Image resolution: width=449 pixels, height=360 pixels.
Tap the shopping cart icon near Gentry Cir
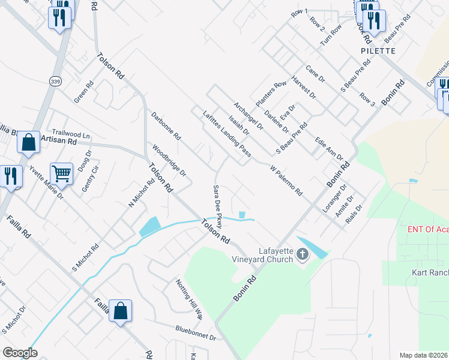(x=62, y=174)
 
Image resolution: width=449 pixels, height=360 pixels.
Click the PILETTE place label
(x=378, y=51)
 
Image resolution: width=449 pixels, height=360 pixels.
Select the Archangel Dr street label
(x=249, y=116)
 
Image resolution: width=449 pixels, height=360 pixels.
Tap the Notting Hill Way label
(x=189, y=299)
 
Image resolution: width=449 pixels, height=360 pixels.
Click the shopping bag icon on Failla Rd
(x=120, y=311)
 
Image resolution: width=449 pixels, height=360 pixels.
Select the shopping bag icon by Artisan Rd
(x=28, y=143)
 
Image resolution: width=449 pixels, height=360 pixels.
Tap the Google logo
(x=20, y=352)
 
